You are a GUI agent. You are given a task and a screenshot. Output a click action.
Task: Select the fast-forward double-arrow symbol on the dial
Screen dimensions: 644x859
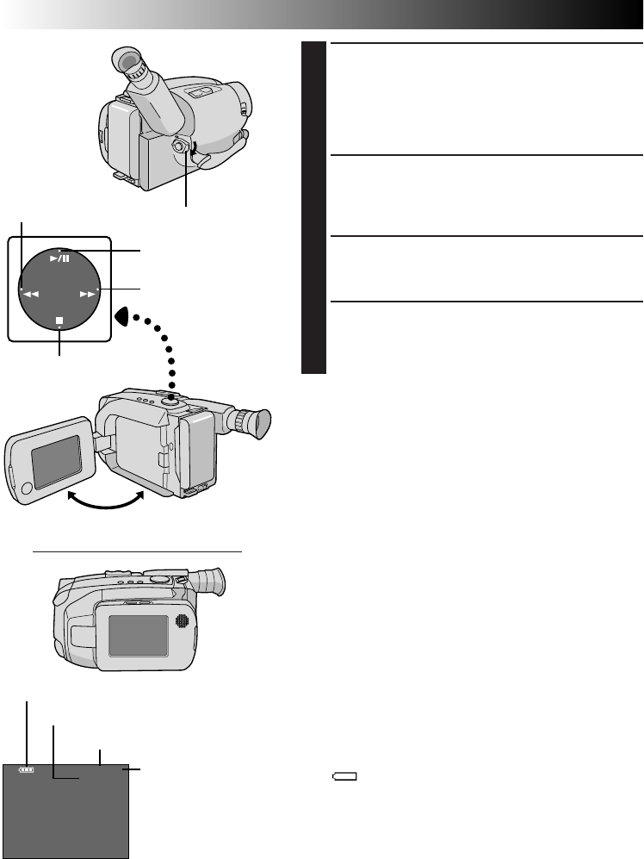pyautogui.click(x=87, y=294)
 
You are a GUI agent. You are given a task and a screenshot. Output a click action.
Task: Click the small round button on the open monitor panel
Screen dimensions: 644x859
pyautogui.click(x=24, y=489)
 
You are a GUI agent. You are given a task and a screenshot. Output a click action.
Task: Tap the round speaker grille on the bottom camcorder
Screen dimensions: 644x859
pyautogui.click(x=182, y=621)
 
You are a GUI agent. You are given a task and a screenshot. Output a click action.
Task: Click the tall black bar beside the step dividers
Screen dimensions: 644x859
pyautogui.click(x=315, y=207)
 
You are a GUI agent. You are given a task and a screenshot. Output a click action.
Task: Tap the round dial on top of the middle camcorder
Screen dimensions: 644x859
pyautogui.click(x=173, y=398)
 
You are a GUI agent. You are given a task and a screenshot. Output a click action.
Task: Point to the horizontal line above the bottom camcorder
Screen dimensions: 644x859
pyautogui.click(x=137, y=550)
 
